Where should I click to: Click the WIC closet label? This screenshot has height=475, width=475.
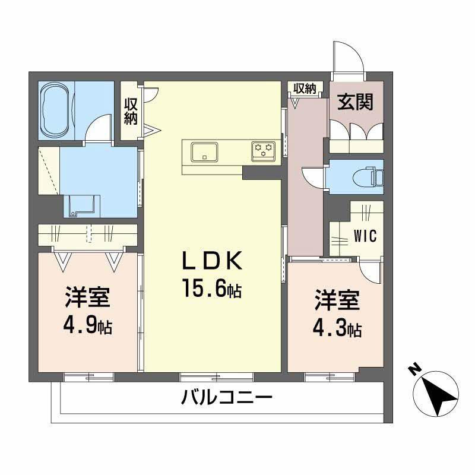[x=365, y=236]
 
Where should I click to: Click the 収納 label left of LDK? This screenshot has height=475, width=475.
[x=131, y=110]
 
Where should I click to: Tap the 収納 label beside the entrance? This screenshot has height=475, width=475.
[x=305, y=89]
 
